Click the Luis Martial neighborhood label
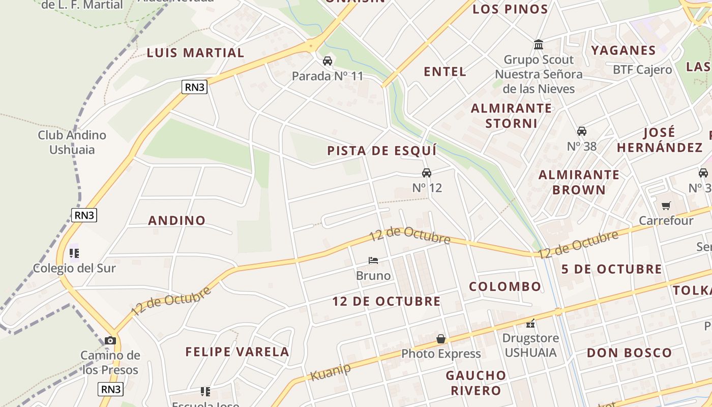pos(195,53)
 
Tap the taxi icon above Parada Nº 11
pos(328,61)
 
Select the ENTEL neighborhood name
pos(445,72)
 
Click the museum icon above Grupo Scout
pos(539,45)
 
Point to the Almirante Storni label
pos(511,115)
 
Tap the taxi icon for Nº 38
pos(582,131)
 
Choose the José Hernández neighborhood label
pos(659,140)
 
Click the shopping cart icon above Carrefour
pos(666,206)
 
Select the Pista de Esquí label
pos(382,151)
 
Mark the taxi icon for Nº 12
pos(427,173)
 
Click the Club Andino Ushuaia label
pos(72,142)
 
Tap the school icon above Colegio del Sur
pos(74,253)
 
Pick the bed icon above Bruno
pos(373,260)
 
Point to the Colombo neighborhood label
pos(505,286)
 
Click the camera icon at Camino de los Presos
pos(110,340)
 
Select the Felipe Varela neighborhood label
pos(237,352)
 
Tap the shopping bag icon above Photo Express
pos(441,339)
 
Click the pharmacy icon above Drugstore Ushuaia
pos(530,323)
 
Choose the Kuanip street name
pos(330,371)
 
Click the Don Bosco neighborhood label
pos(629,353)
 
